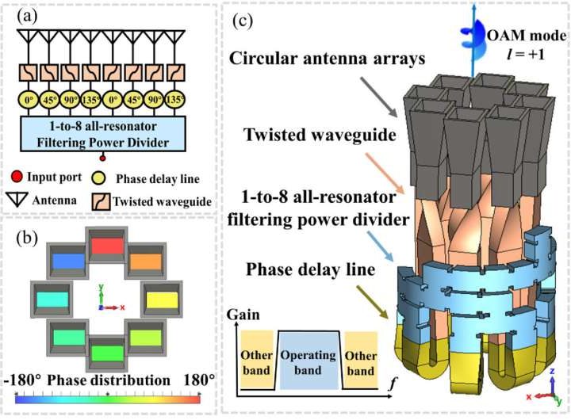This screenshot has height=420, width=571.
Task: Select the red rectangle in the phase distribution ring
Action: click(107, 246)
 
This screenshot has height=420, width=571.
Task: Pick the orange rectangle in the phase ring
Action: click(145, 262)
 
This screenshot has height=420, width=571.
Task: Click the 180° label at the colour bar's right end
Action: click(198, 379)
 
